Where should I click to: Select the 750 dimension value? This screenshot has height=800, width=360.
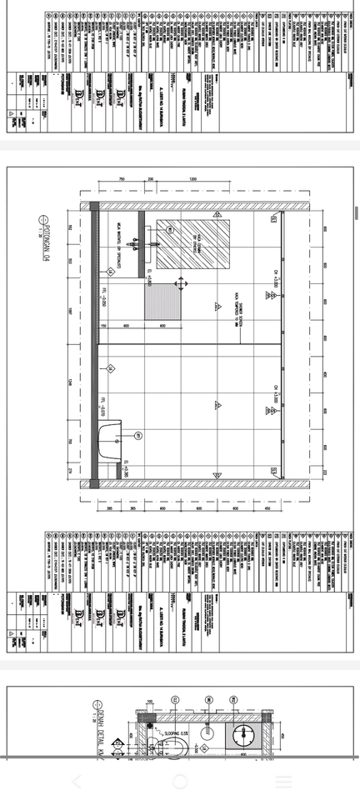[121, 179]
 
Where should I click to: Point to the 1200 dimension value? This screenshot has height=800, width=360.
[192, 179]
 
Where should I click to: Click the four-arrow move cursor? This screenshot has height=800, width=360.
[178, 284]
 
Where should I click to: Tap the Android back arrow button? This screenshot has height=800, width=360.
[77, 782]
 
